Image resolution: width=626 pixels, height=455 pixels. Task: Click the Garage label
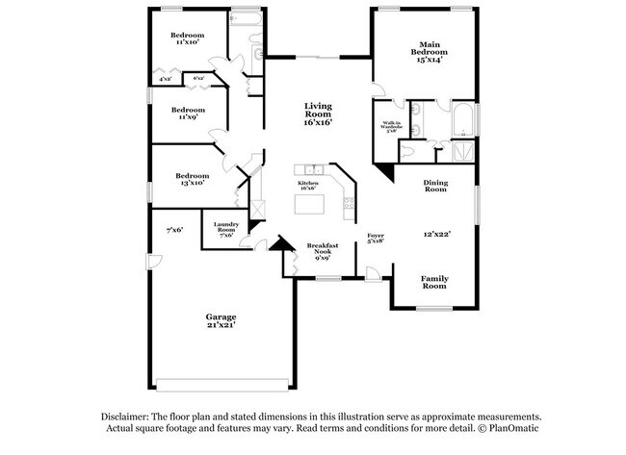pos(221,316)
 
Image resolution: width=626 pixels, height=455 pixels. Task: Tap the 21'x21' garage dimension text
pos(221,325)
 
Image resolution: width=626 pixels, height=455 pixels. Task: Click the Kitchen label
pos(308,183)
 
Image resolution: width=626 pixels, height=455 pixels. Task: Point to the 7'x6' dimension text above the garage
pos(174,230)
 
